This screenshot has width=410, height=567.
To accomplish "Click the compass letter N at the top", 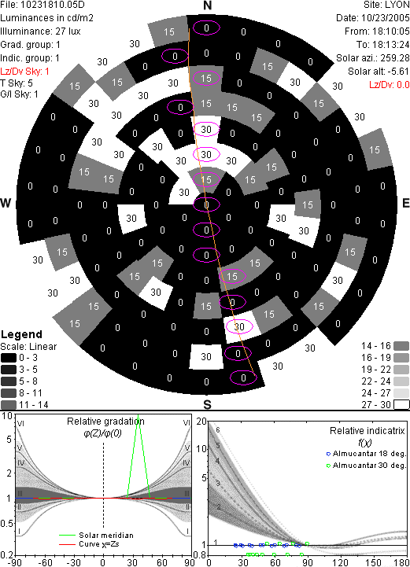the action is coord(207,6).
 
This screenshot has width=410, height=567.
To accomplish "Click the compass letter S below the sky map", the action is coord(207,404).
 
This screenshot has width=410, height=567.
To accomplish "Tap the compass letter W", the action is coord(6,203).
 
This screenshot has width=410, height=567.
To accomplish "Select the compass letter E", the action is coord(405,203).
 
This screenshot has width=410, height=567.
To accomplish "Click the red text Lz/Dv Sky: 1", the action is coord(24,72).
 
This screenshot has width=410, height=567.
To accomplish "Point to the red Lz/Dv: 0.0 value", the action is coord(390,85).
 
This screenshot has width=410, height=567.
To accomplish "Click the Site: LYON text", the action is coord(386,5).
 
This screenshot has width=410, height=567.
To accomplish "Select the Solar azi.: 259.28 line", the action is coord(373,58).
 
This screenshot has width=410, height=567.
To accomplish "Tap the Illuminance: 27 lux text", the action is coord(40,31).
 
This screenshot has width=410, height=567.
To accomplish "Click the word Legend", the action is coord(22,334).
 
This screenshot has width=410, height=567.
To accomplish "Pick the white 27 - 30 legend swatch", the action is coord(401,404).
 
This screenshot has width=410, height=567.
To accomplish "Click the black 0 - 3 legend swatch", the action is coord(9,358).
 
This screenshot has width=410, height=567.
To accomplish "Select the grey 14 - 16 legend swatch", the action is coord(401,346).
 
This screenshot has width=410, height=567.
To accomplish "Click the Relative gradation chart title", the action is coord(105,422).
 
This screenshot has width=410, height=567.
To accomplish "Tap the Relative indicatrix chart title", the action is coord(368,431).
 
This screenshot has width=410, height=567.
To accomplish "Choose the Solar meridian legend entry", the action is coord(97,536).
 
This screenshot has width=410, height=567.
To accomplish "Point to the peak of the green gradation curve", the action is coord(138,415).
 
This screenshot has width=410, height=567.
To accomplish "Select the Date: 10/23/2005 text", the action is coord(373,18).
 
